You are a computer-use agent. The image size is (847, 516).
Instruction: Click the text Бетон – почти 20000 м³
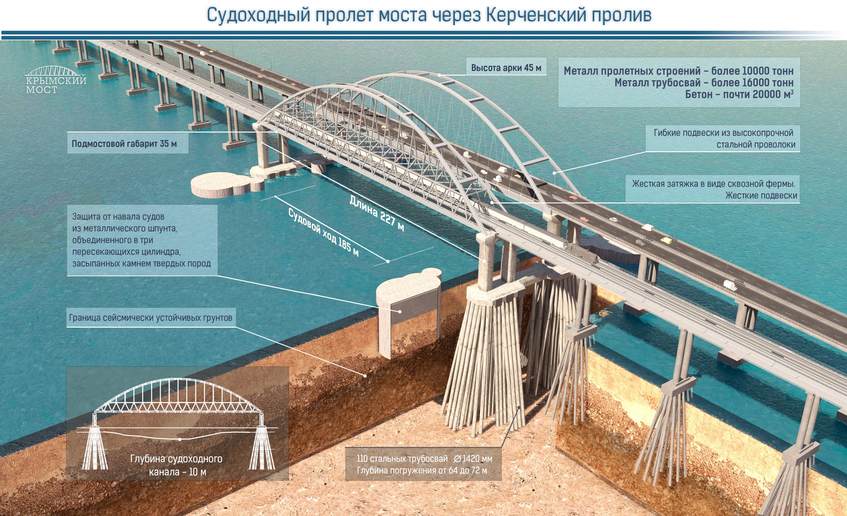739,94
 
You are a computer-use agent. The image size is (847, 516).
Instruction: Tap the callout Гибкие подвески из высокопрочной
723,133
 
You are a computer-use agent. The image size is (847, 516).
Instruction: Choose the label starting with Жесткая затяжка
714,184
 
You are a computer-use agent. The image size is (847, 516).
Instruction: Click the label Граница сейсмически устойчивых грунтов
151,318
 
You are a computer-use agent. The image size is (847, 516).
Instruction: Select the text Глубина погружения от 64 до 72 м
422,470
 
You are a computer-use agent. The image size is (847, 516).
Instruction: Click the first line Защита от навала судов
118,217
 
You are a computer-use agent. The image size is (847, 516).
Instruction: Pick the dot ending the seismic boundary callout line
365,376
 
